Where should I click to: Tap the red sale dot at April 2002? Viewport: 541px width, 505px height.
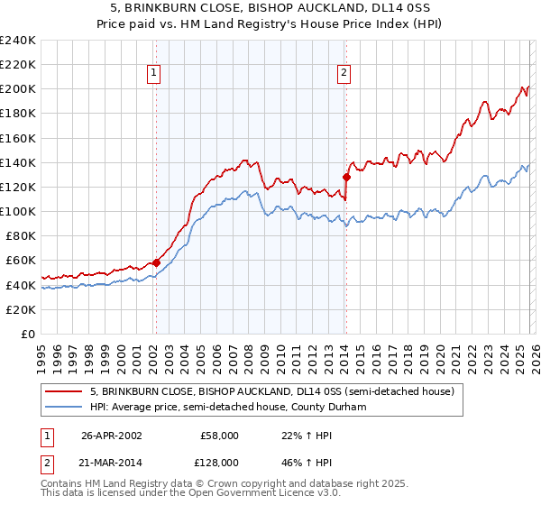click(x=156, y=262)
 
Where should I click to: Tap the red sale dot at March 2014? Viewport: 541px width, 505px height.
click(x=346, y=177)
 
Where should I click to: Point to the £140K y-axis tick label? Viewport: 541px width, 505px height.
click(x=17, y=162)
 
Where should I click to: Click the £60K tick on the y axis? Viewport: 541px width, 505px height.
click(x=20, y=260)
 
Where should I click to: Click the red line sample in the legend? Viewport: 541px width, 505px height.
click(x=64, y=391)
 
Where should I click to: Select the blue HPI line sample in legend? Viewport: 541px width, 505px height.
click(x=64, y=407)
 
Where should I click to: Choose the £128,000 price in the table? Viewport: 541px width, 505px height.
click(x=220, y=462)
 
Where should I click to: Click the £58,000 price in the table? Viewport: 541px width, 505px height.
click(x=220, y=435)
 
